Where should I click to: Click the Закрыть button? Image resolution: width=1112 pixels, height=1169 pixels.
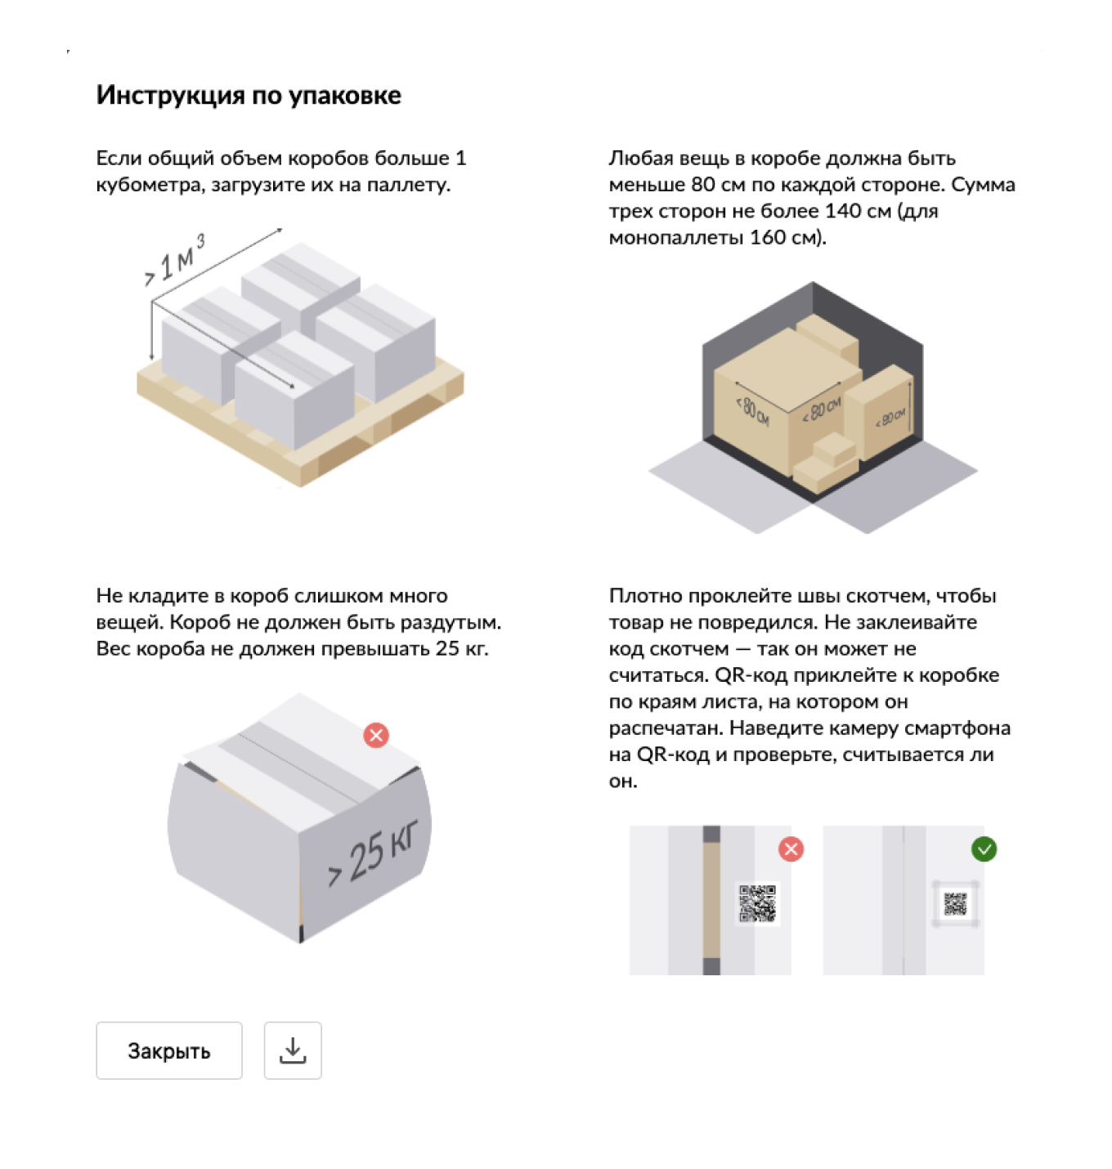168,1050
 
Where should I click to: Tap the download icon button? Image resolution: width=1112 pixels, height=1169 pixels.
293,1050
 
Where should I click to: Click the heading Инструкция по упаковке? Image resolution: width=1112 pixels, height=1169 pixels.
249,96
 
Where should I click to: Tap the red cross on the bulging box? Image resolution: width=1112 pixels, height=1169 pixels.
376,735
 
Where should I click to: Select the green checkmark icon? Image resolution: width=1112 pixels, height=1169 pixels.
984,849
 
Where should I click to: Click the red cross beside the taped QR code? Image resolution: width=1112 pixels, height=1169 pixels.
791,849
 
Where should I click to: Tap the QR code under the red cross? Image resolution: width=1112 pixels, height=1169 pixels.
758,903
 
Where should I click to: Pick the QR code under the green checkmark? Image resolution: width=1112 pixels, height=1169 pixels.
956,904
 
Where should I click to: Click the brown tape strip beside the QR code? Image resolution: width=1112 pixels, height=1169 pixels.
711,899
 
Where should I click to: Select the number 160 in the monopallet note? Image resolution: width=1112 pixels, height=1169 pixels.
768,238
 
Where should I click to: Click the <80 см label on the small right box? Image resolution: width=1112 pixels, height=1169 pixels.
890,418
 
